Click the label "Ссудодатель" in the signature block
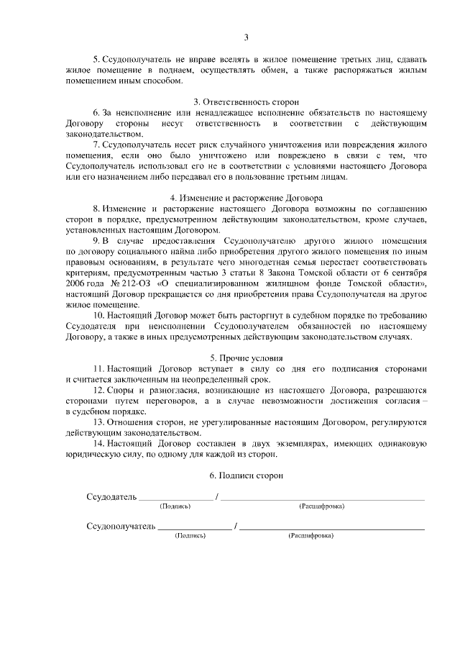(x=111, y=496)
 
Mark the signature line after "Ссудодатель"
(x=175, y=499)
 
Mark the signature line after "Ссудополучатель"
(x=195, y=528)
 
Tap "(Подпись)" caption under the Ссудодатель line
(x=175, y=506)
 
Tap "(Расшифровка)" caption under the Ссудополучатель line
(x=310, y=536)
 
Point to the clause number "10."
(x=100, y=315)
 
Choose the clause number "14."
(x=100, y=444)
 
